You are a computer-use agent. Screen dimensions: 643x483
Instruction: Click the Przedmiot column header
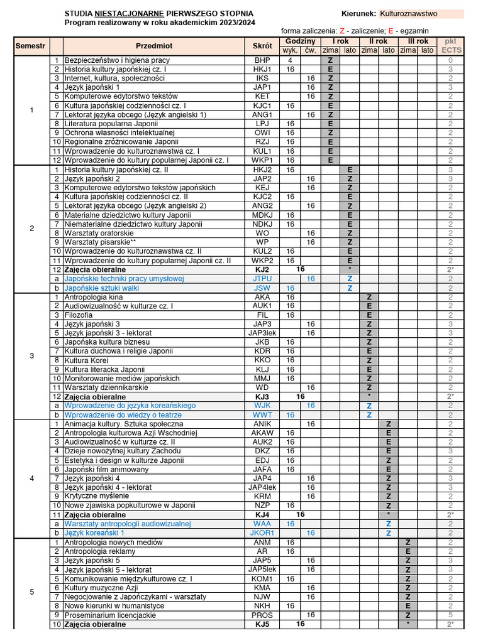tap(153, 46)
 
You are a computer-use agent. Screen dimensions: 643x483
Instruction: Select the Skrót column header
tap(262, 46)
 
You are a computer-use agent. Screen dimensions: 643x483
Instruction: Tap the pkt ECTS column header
tap(450, 46)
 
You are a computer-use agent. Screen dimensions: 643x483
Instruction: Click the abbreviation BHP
tap(262, 60)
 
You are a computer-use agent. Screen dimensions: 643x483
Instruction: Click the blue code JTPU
tap(262, 279)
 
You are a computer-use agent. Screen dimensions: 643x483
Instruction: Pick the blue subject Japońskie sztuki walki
tap(101, 288)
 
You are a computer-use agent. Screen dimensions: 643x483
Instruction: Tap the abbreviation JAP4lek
tap(262, 487)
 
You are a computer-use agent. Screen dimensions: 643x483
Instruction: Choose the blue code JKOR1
tap(262, 532)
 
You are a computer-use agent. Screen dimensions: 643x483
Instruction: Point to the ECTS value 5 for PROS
tap(450, 615)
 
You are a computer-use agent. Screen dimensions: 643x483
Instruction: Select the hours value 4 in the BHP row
tap(290, 60)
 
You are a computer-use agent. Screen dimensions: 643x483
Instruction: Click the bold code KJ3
tap(262, 397)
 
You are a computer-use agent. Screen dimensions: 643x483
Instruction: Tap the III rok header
tap(418, 41)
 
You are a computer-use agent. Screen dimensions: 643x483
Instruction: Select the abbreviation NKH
tap(262, 606)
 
